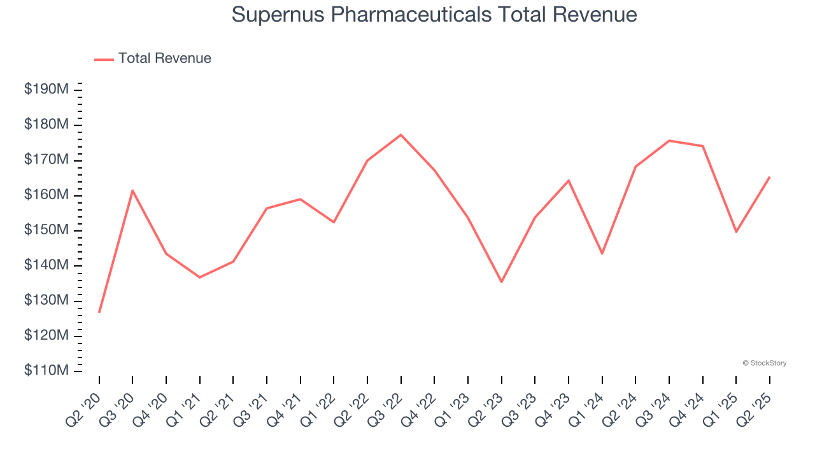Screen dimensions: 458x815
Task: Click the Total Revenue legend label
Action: pyautogui.click(x=164, y=59)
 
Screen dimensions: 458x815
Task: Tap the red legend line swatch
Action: pyautogui.click(x=104, y=59)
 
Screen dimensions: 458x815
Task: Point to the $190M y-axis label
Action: pyautogui.click(x=46, y=89)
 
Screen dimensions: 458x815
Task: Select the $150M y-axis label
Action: pyautogui.click(x=46, y=230)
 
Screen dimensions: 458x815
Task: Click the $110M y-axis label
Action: pyautogui.click(x=46, y=370)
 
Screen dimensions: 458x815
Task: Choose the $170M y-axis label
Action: pyautogui.click(x=46, y=159)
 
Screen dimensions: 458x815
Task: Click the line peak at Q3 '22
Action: pyautogui.click(x=401, y=135)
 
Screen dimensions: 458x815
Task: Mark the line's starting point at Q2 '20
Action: pyautogui.click(x=99, y=312)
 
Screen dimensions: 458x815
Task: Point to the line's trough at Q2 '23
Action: pyautogui.click(x=502, y=282)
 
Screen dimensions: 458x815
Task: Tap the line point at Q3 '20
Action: pyautogui.click(x=132, y=190)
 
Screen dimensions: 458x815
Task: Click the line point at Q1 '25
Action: pyautogui.click(x=736, y=232)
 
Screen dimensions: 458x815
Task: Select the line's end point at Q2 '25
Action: pyautogui.click(x=770, y=177)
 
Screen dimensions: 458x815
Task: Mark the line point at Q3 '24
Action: pyautogui.click(x=669, y=141)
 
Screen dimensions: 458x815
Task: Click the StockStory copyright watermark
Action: pyautogui.click(x=764, y=363)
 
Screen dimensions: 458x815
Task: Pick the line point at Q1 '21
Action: pyautogui.click(x=200, y=277)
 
